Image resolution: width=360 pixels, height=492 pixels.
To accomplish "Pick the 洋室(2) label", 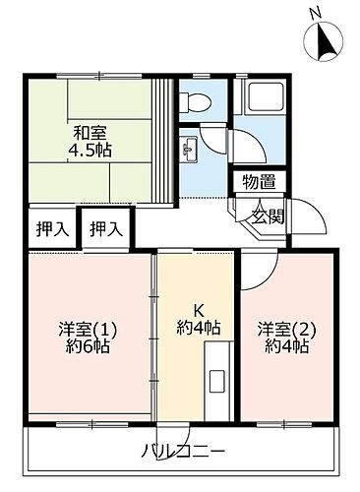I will pos(285,328).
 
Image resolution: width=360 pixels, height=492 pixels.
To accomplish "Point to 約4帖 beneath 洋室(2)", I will pos(285,346).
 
